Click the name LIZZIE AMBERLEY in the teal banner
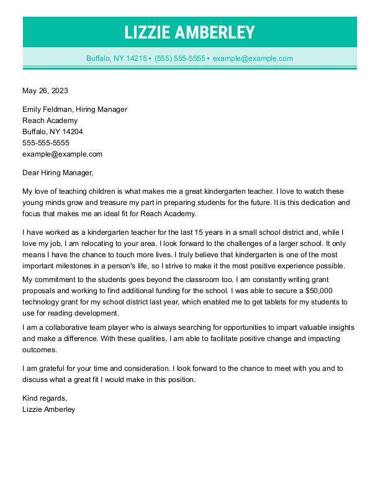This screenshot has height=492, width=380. [189, 32]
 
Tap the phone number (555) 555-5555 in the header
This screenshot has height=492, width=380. [180, 58]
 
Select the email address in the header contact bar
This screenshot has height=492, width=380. [253, 58]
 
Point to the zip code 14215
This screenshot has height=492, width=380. [135, 58]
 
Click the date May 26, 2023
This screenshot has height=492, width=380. [45, 91]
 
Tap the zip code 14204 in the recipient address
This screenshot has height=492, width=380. [70, 132]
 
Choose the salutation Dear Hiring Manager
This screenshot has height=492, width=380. [57, 173]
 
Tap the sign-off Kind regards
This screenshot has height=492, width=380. [44, 398]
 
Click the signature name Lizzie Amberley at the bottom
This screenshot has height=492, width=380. [48, 409]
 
